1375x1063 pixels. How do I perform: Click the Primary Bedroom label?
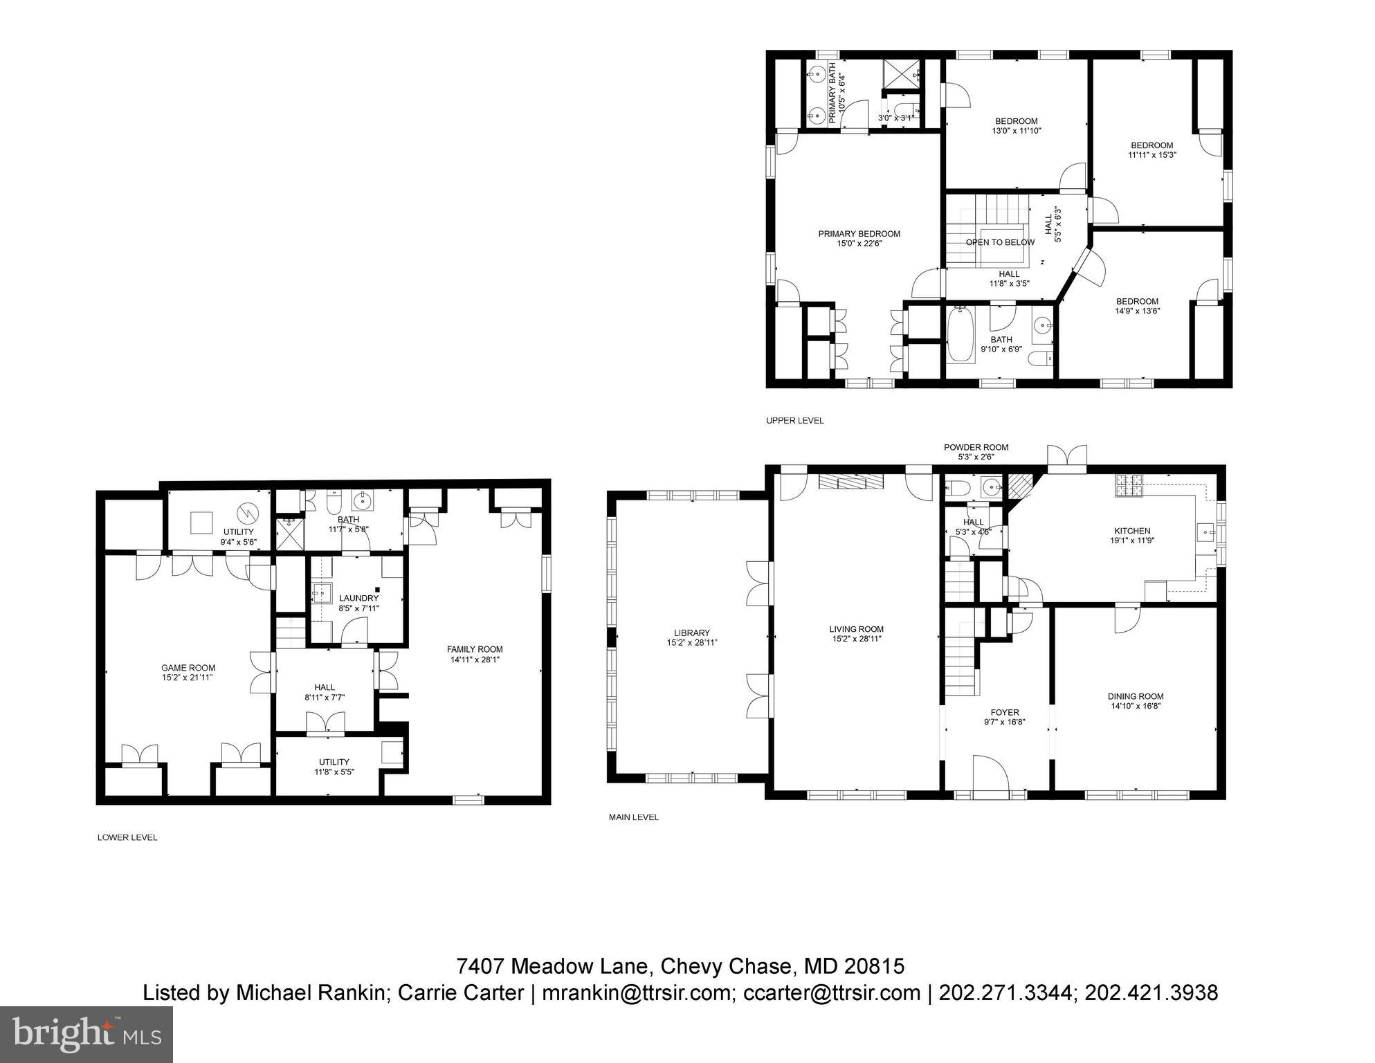point(859,234)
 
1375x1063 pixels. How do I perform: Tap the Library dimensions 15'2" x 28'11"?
point(691,643)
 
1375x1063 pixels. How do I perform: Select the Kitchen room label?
point(1132,531)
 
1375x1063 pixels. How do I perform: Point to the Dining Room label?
point(1136,696)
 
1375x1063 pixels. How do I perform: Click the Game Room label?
point(188,668)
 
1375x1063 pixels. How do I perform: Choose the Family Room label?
point(475,649)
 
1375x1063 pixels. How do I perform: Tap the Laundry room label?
point(358,598)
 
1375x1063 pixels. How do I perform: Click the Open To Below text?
point(1000,242)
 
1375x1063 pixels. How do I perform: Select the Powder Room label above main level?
point(976,447)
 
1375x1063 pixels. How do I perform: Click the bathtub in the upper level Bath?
point(960,335)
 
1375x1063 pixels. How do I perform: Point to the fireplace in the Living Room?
point(851,482)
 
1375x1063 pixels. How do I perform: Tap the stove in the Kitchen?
point(1128,486)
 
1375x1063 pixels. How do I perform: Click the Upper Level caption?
point(794,421)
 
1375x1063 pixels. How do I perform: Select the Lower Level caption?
point(127,837)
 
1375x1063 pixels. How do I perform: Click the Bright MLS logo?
point(86,1034)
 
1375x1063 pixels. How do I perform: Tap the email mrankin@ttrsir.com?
point(637,993)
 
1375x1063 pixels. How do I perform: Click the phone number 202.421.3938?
point(1151,993)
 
